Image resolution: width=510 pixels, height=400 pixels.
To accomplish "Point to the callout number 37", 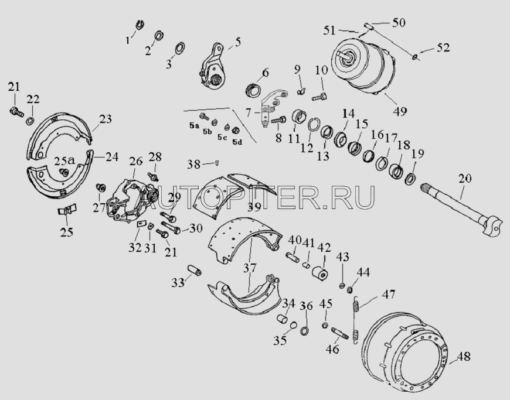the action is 250,268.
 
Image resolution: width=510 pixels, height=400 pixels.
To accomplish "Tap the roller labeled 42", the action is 319,272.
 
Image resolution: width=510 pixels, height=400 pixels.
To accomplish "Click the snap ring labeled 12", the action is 310,125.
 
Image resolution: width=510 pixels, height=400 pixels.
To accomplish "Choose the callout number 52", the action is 443,48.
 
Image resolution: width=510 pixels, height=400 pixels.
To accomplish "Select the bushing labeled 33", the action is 194,270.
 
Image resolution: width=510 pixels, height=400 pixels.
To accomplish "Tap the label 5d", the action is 237,142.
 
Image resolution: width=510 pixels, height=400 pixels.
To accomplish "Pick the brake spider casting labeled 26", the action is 130,200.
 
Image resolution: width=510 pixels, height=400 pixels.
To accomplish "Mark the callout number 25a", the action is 64,160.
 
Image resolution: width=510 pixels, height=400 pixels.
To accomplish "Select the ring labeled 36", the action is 305,331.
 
